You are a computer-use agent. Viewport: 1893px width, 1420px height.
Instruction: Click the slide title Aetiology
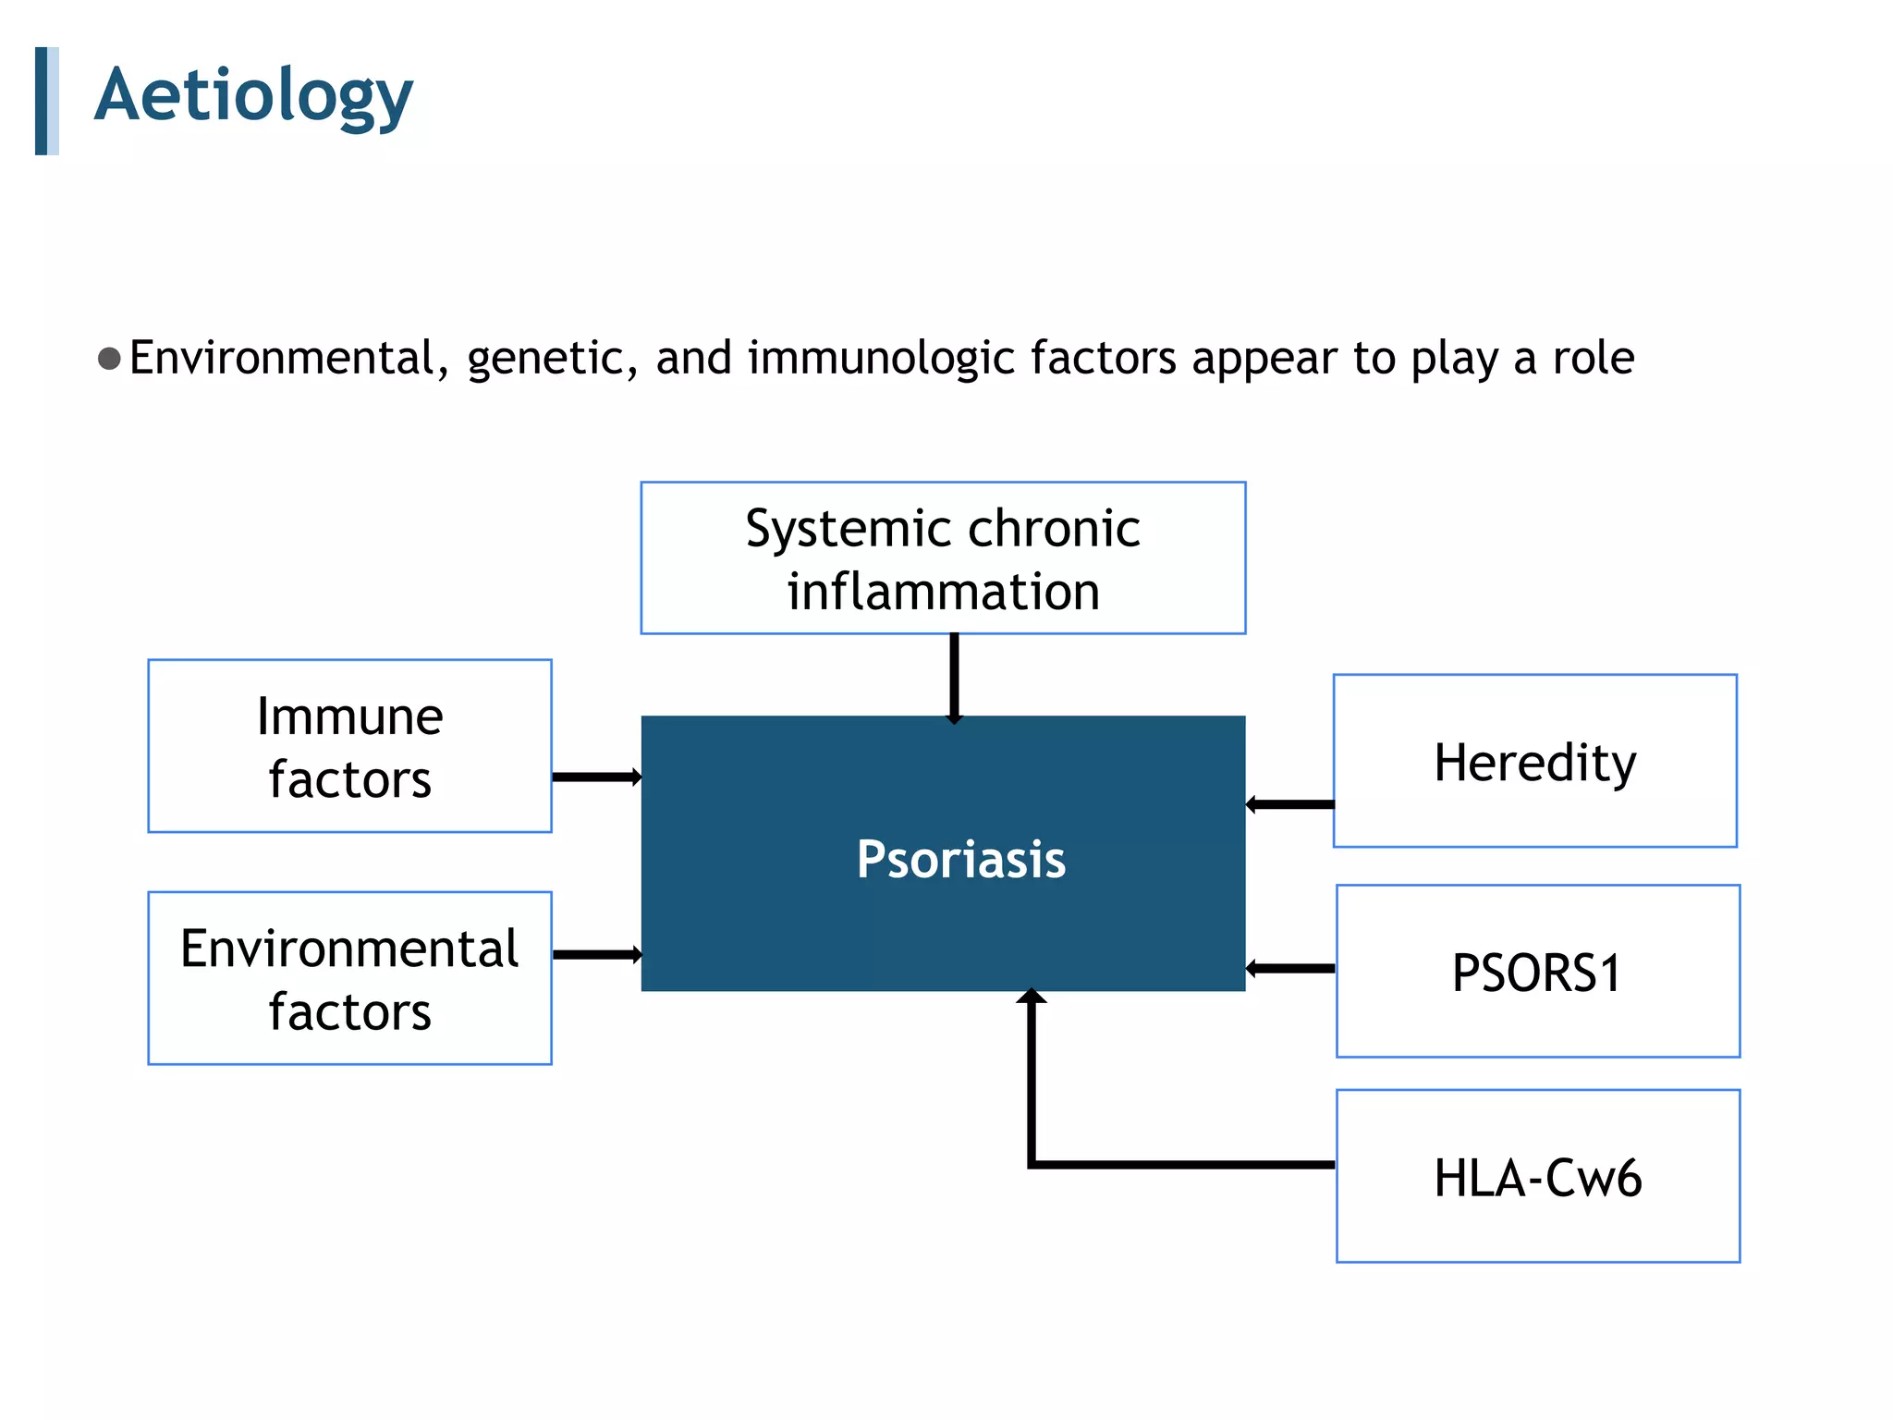[x=253, y=96]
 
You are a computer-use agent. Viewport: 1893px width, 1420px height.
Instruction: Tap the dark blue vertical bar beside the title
[x=42, y=101]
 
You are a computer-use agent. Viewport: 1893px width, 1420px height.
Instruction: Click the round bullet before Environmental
[x=109, y=359]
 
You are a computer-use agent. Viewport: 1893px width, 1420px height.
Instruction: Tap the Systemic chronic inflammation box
[x=943, y=558]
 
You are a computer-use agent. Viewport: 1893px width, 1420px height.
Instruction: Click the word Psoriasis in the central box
[x=960, y=859]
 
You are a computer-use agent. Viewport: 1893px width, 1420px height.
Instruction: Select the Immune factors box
[x=349, y=746]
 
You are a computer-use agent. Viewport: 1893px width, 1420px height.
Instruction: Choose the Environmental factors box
[x=349, y=978]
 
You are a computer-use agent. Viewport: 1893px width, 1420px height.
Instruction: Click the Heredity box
[x=1534, y=761]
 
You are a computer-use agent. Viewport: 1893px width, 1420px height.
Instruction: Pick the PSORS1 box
[x=1537, y=972]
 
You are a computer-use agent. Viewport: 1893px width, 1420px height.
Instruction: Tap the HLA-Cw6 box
[x=1537, y=1176]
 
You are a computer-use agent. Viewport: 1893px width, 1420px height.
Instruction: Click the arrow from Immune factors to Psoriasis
[x=596, y=777]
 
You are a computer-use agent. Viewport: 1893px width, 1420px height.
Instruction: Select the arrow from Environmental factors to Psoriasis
[x=596, y=954]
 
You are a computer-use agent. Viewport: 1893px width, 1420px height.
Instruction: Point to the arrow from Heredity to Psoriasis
[x=1290, y=804]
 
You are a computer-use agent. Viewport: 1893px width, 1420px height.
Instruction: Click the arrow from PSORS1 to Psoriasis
[x=1290, y=969]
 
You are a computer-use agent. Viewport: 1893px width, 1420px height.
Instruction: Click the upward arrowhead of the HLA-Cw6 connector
[x=1032, y=997]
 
